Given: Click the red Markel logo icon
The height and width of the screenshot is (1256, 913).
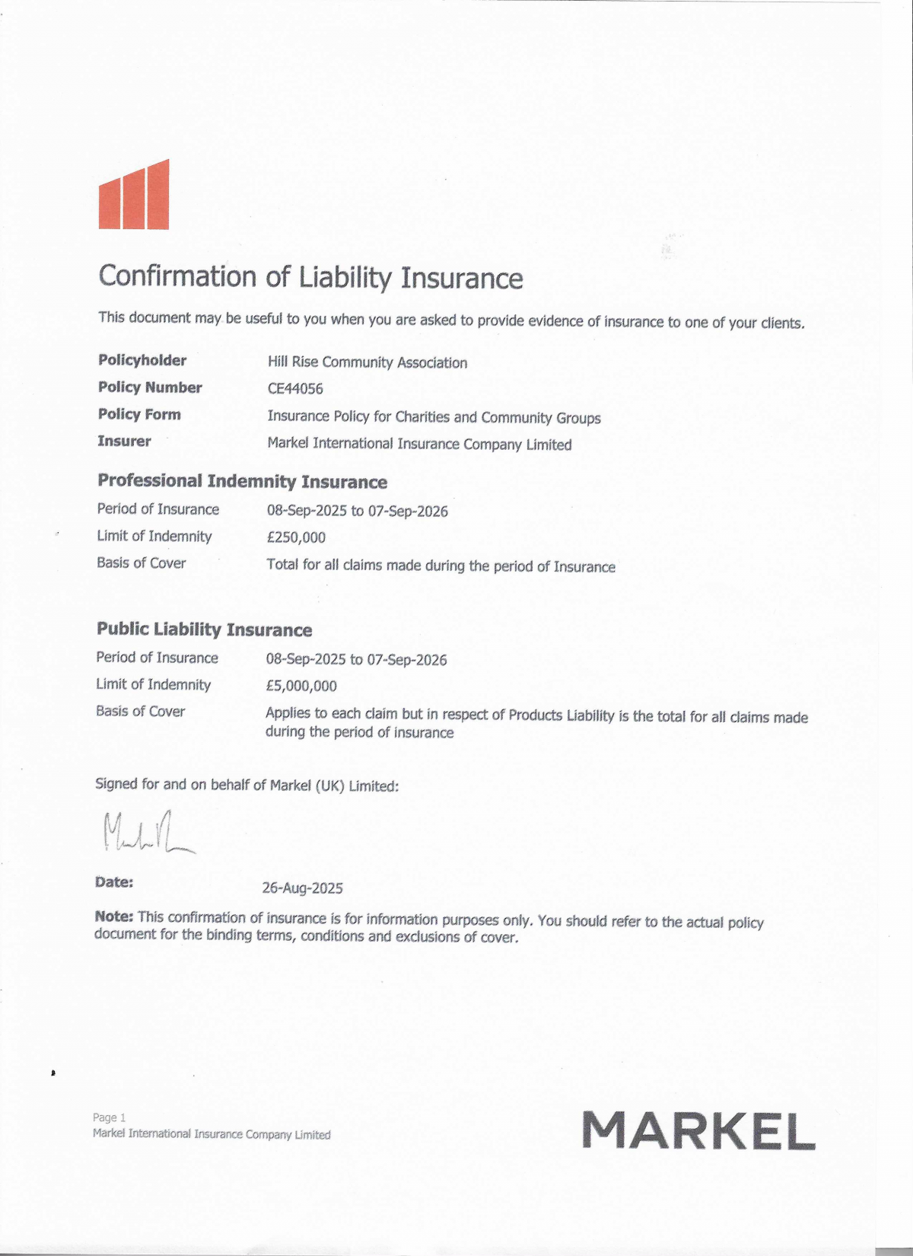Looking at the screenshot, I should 134,196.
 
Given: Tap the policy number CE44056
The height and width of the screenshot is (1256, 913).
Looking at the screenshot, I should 295,389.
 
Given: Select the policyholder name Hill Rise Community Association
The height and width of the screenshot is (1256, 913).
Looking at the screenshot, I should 367,362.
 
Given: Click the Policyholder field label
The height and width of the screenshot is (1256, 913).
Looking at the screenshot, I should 142,360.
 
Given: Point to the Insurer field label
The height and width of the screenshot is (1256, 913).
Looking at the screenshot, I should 124,441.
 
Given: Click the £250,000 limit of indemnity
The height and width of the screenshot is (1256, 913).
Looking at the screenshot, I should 296,537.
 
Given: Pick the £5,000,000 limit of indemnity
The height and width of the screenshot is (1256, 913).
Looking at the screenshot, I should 301,686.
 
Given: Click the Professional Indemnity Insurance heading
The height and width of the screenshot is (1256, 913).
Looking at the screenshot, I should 242,481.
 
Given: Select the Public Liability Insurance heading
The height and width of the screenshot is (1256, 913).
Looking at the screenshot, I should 204,630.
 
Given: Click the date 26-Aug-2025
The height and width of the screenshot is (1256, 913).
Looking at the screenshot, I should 302,888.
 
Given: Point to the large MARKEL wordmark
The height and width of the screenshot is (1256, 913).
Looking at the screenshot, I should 698,1130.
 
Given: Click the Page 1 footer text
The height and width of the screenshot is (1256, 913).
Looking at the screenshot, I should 109,1117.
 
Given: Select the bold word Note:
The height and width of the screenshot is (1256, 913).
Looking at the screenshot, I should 114,916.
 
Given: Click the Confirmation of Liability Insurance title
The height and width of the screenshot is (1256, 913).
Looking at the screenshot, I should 310,277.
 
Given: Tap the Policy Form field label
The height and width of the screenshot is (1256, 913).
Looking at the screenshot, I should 139,414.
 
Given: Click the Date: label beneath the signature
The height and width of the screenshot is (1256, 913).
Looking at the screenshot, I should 114,882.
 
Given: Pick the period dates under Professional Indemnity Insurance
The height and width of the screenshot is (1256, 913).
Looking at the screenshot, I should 357,511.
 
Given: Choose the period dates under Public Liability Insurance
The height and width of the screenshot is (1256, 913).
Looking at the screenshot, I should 356,659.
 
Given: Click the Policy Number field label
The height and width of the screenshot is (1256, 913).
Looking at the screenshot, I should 150,387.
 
